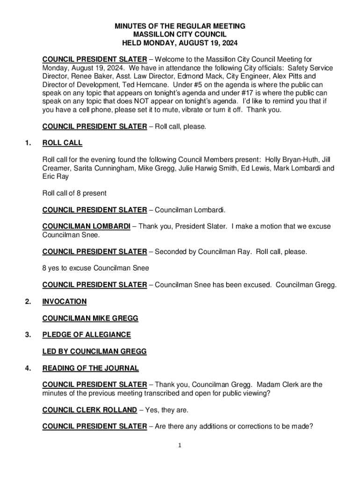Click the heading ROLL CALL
tap(62, 143)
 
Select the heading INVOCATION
tap(65, 302)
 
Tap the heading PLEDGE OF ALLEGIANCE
tap(86, 334)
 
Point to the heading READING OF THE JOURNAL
tap(90, 368)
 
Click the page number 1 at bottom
tap(180, 445)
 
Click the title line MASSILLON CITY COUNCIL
tap(180, 35)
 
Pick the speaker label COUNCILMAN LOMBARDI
tap(86, 226)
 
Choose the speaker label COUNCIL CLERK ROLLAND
tap(89, 410)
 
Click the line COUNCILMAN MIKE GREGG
tap(90, 319)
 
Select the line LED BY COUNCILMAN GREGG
tap(94, 351)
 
